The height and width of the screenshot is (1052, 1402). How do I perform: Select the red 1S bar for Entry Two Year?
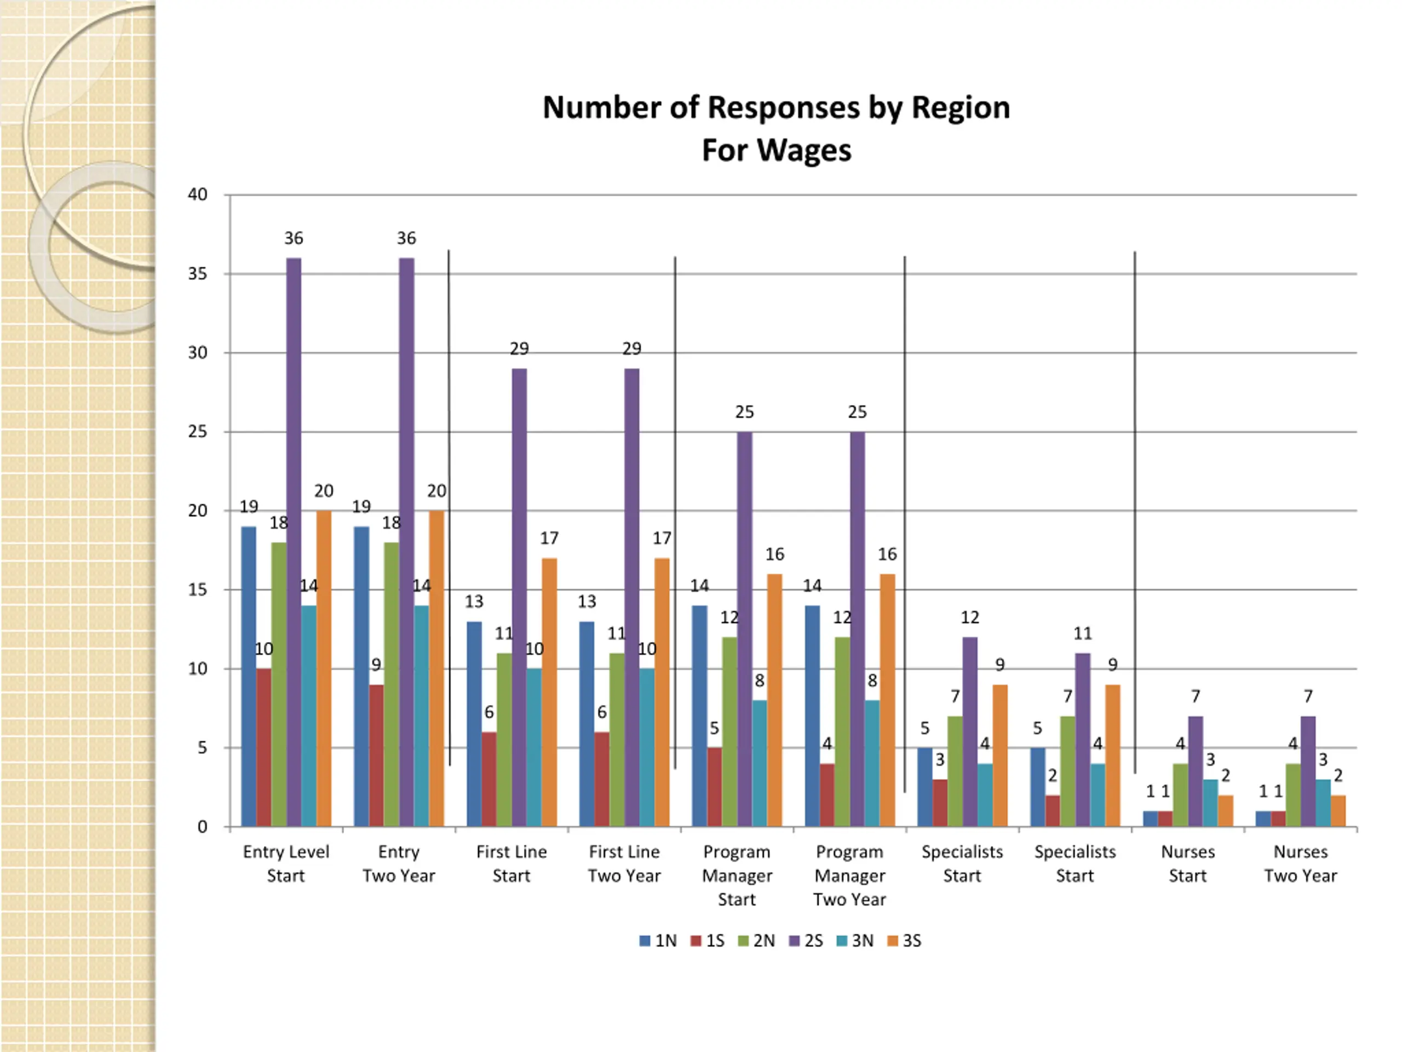pyautogui.click(x=376, y=754)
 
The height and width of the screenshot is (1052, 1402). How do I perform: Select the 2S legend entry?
pyautogui.click(x=807, y=941)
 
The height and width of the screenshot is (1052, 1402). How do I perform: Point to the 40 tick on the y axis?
pyautogui.click(x=198, y=195)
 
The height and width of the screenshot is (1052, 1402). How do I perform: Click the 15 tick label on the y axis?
pyautogui.click(x=198, y=590)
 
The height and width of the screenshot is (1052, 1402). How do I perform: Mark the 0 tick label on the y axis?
pyautogui.click(x=202, y=827)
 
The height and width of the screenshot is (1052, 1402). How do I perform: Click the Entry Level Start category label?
pyautogui.click(x=286, y=863)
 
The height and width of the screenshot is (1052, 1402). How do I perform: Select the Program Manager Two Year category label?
pyautogui.click(x=849, y=875)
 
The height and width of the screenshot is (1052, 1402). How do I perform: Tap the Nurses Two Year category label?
pyautogui.click(x=1301, y=863)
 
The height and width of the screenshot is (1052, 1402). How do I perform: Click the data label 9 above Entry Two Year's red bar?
pyautogui.click(x=376, y=665)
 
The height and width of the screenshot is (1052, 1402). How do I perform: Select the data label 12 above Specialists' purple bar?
pyautogui.click(x=970, y=618)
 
